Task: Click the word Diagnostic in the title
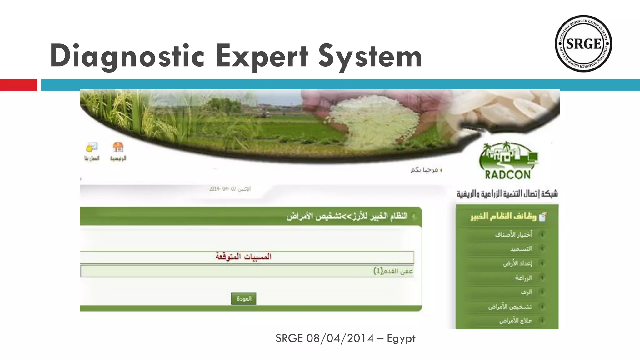pos(127,56)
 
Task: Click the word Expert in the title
pos(262,56)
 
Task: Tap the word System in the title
pos(370,56)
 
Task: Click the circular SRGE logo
pos(583,43)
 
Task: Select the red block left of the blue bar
pos(18,85)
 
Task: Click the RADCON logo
pos(508,161)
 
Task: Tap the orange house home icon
pos(118,147)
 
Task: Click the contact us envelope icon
pos(92,147)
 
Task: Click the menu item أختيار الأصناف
pos(513,234)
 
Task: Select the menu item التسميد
pos(521,249)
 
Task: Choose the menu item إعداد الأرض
pos(517,263)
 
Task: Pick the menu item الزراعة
pos(523,277)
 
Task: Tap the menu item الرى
pos(526,292)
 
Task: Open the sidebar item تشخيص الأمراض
pos(510,307)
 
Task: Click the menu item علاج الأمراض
pos(516,321)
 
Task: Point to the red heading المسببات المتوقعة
pos(243,257)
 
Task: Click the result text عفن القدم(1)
pos(393,271)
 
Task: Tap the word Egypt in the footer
pos(401,338)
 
